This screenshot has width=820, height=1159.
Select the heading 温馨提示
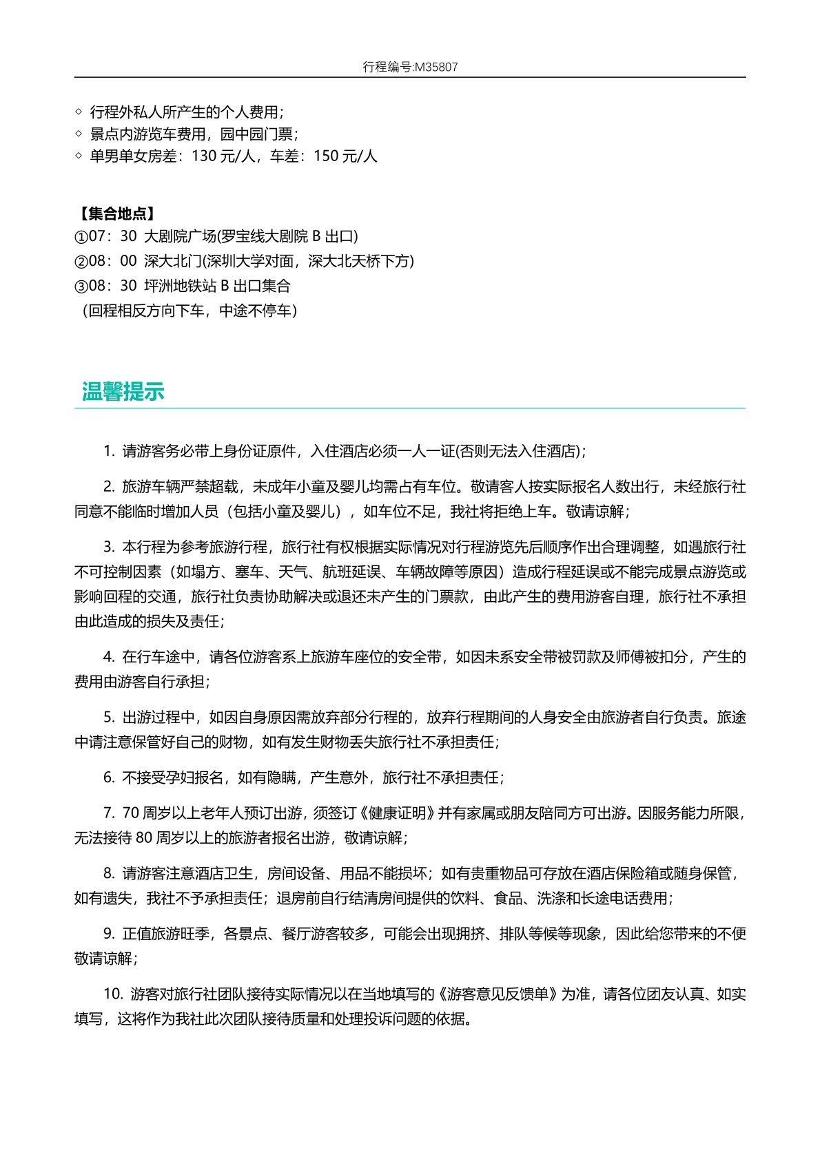tap(123, 391)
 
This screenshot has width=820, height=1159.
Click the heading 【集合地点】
tap(115, 213)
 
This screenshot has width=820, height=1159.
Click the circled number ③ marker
tap(81, 286)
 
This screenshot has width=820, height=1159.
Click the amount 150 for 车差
tap(326, 156)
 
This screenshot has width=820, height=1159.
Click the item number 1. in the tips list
tap(109, 451)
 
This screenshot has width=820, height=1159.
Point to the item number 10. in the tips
tap(113, 994)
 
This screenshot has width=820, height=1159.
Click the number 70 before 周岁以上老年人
tap(131, 813)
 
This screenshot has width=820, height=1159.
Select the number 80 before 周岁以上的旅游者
tap(143, 838)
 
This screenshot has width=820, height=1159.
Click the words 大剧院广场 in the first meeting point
tap(180, 236)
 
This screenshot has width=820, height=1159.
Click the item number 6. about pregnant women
tap(109, 777)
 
